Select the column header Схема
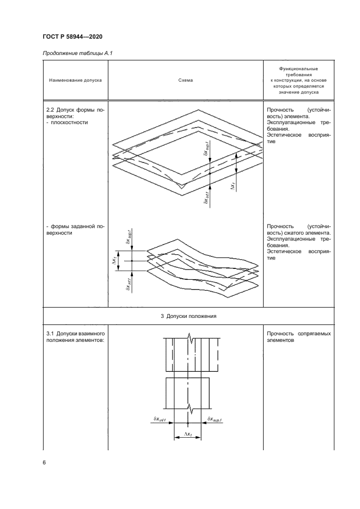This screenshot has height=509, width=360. (x=185, y=81)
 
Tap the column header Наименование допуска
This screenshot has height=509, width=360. (x=75, y=81)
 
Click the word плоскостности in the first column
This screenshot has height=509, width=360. (x=69, y=122)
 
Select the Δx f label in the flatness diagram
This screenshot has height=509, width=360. (x=233, y=187)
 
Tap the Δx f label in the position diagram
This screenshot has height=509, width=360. (x=188, y=434)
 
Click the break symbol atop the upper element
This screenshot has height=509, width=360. (x=188, y=339)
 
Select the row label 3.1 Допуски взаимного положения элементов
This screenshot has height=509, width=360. (x=75, y=336)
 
